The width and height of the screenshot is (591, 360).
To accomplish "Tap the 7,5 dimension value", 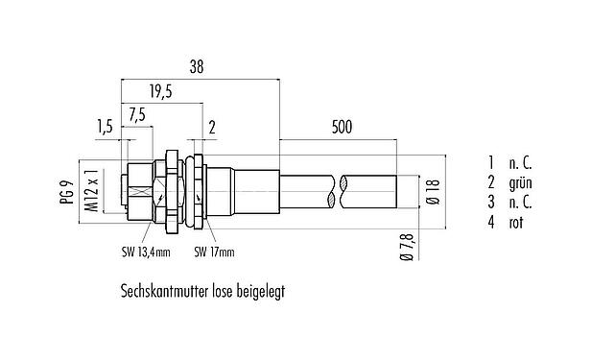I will (137, 114).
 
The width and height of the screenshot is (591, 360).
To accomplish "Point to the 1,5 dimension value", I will (105, 125).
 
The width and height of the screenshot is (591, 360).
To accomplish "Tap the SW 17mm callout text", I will (214, 253).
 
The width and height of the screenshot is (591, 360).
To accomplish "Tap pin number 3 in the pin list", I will (490, 202).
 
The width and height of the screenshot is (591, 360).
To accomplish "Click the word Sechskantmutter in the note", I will (163, 290).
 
